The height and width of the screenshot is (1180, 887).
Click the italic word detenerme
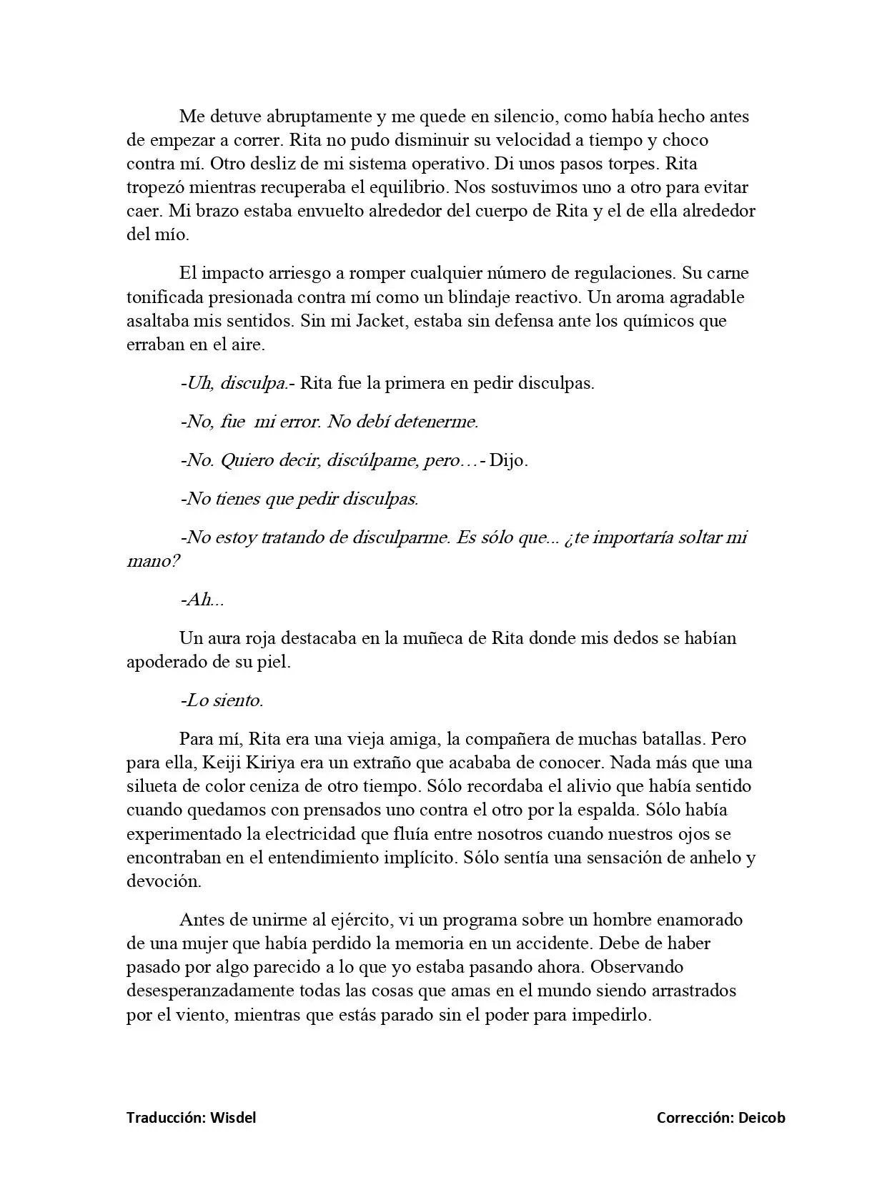435,421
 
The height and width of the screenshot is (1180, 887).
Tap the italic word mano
152,561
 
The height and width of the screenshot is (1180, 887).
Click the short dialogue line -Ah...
202,600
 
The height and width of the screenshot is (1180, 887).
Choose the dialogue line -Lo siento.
222,700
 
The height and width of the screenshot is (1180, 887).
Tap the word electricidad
327,833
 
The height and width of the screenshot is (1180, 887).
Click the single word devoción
164,881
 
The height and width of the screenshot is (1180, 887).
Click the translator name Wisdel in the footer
232,1118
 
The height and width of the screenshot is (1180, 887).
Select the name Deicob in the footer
762,1118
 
